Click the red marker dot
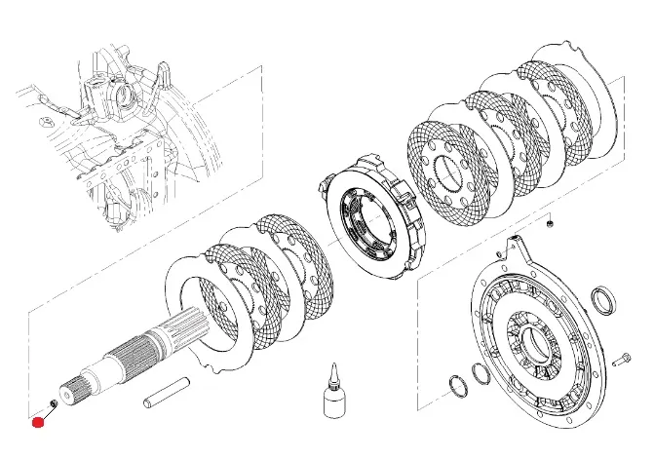pyautogui.click(x=39, y=422)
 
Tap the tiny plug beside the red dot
pyautogui.click(x=52, y=404)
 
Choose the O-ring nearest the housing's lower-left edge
pyautogui.click(x=480, y=372)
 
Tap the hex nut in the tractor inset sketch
pyautogui.click(x=44, y=124)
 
